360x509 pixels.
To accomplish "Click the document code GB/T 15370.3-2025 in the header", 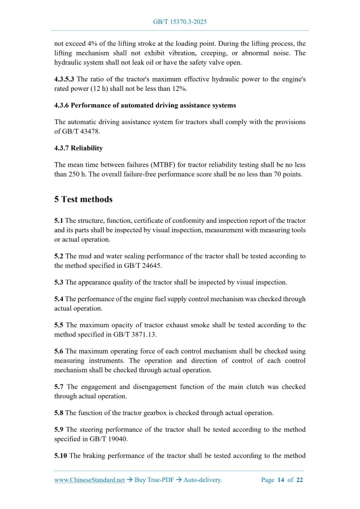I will [x=180, y=22].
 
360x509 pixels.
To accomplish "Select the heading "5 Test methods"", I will [x=83, y=199].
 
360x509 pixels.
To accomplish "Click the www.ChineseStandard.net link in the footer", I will [x=89, y=480].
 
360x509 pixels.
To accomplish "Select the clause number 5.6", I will [x=59, y=352].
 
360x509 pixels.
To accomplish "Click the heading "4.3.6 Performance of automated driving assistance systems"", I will [x=145, y=105].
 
